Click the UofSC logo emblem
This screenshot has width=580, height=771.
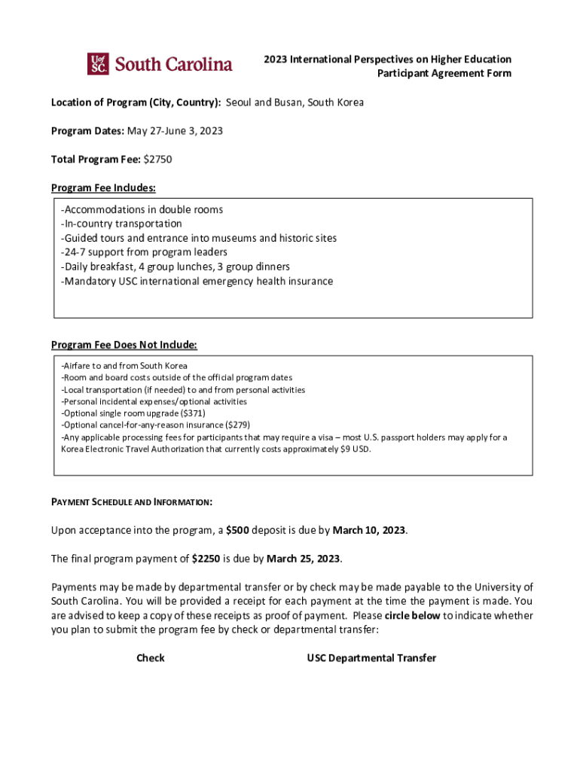98,64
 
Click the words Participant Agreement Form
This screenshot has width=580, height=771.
444,73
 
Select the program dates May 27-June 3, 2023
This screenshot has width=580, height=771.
175,131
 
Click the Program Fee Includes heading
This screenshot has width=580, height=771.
103,187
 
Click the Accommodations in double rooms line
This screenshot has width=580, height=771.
142,210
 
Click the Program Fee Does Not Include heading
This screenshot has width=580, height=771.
124,345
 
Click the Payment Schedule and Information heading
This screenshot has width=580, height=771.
131,501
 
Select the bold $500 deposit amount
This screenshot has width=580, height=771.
237,530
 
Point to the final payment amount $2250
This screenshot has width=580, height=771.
206,559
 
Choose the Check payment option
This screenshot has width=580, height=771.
150,658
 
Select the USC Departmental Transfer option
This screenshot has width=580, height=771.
371,658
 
